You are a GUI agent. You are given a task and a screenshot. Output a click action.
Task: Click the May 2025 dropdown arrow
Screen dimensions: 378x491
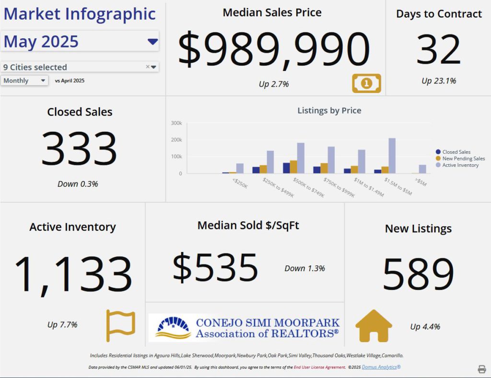[x=152, y=42]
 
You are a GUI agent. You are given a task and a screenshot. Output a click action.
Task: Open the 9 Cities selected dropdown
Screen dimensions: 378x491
[x=153, y=67]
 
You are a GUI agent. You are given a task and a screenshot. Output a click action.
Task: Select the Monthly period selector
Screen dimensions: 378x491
[x=24, y=80]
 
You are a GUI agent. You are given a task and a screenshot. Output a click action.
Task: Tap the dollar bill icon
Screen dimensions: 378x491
[x=366, y=83]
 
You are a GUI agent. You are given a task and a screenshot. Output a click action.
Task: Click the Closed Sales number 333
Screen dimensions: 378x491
[x=79, y=149]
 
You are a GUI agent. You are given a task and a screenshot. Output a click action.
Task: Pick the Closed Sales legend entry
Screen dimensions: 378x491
[x=456, y=152]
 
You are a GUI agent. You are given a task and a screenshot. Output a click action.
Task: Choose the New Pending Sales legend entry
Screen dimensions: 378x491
[x=463, y=159]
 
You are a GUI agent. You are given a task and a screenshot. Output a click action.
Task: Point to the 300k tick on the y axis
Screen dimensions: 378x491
[x=176, y=123]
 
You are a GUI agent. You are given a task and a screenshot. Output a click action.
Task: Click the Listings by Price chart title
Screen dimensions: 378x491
[x=329, y=111]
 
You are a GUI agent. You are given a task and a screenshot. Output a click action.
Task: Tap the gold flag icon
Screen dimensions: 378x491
[x=120, y=325]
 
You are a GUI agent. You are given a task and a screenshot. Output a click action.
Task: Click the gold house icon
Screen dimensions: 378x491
[x=374, y=326]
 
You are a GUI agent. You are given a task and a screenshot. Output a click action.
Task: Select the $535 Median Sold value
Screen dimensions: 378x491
[x=215, y=268]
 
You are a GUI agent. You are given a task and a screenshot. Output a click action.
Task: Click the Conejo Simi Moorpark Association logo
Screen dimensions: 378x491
[x=244, y=328]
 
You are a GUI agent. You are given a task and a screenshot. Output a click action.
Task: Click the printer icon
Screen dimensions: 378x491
[x=481, y=368]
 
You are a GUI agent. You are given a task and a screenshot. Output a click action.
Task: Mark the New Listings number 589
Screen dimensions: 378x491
[x=418, y=274]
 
